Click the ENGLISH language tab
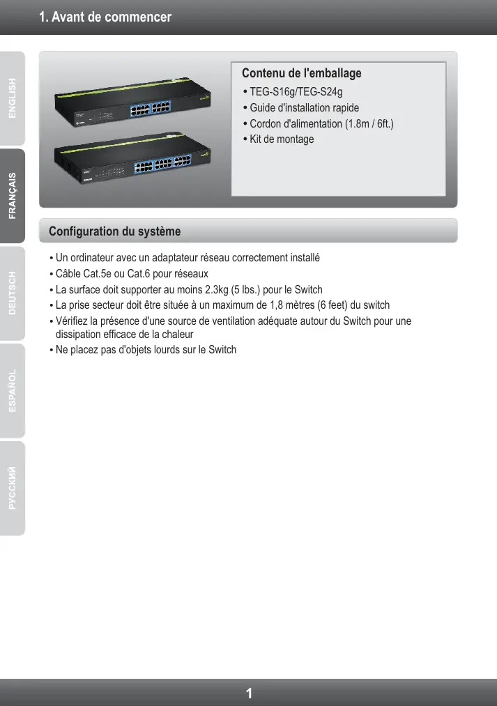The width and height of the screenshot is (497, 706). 13,99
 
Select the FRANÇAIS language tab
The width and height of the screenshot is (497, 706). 13,196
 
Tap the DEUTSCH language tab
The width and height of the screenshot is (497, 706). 13,294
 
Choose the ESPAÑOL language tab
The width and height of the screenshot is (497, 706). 13,392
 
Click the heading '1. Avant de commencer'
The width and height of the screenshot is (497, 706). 105,17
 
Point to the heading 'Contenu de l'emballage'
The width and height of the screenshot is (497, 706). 301,73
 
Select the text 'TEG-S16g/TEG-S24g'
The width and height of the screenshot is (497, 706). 296,91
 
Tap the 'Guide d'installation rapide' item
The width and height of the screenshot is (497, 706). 305,107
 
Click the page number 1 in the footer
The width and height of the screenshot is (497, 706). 249,693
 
